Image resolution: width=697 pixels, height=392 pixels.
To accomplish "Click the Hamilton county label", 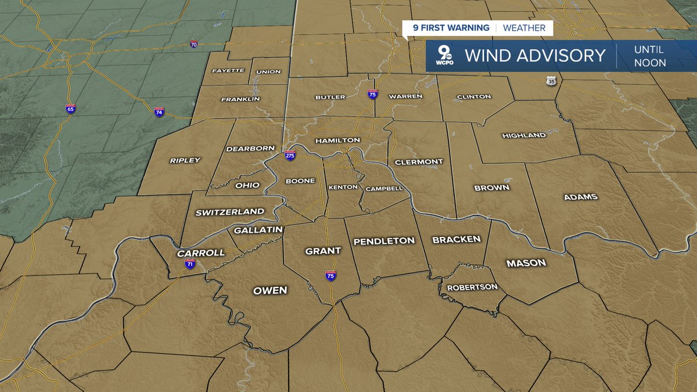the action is [x=337, y=141].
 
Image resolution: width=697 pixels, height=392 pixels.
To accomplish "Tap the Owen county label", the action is [x=270, y=290].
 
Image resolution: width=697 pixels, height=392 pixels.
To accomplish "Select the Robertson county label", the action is [x=472, y=287].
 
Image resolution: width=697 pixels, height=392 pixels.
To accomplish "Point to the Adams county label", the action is [x=580, y=197].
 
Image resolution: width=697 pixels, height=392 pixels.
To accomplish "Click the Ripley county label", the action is [x=185, y=160].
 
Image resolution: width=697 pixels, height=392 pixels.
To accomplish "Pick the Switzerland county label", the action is [x=229, y=212].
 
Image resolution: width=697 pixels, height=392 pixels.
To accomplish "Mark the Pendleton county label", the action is [x=384, y=240].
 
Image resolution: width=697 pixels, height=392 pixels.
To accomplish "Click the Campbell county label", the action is [x=384, y=189].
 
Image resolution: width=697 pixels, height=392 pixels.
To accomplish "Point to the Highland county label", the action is [x=524, y=135].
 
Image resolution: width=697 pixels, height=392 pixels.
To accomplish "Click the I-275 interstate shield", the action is [x=290, y=155].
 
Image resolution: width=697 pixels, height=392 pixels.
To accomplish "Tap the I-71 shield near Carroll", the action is [x=190, y=263].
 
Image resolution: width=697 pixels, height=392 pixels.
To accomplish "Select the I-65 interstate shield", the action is [x=70, y=109].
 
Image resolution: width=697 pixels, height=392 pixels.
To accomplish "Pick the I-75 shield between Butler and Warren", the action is [x=372, y=93].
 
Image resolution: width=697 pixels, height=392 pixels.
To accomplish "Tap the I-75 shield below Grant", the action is [x=330, y=275].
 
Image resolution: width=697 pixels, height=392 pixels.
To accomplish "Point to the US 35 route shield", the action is [x=551, y=81].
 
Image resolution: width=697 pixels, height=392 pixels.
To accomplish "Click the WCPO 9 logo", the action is [x=446, y=56].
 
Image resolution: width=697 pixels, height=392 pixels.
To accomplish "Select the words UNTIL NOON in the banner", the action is [x=649, y=56].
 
